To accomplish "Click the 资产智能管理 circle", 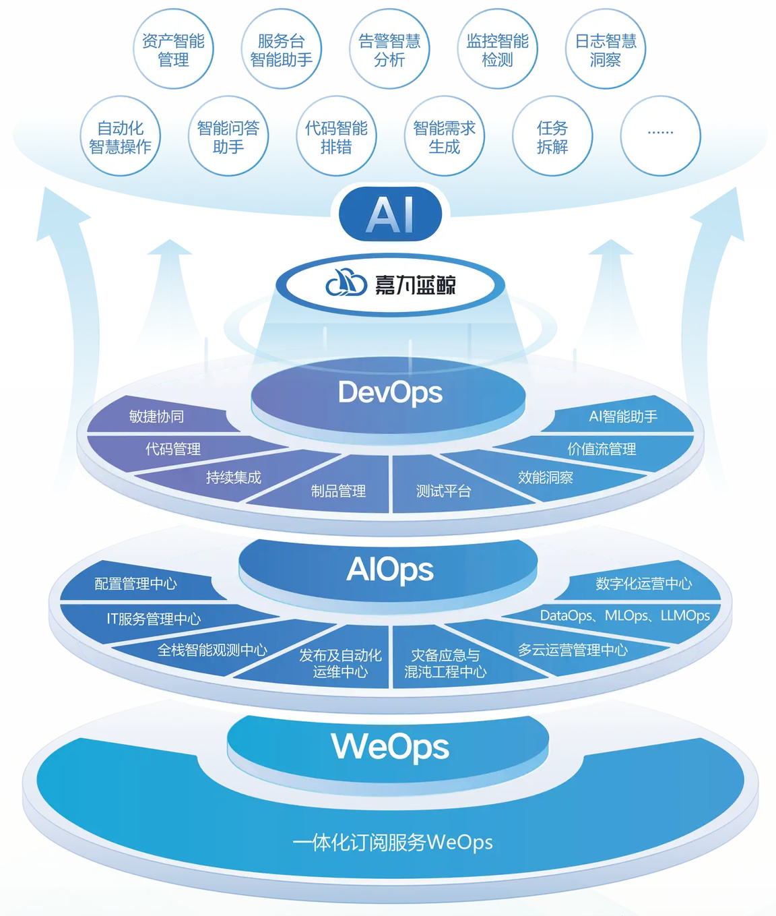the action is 173,49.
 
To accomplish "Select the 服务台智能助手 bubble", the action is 282,49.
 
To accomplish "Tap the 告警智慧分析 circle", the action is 389,49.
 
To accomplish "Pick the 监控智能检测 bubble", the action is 497,49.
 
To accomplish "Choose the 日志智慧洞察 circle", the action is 606,49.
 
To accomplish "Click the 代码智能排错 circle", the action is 336,137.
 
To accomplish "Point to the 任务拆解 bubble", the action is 552,137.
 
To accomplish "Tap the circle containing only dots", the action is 660,137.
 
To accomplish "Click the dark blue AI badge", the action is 390,214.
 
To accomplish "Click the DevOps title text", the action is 390,393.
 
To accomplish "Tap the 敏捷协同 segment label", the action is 156,416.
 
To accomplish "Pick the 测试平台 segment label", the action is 443,491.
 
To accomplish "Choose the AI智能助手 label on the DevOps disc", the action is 623,416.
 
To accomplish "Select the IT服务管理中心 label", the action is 154,619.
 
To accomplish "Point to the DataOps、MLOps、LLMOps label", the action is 625,615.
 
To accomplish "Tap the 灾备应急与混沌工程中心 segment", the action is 445,663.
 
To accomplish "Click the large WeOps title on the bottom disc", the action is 390,746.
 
